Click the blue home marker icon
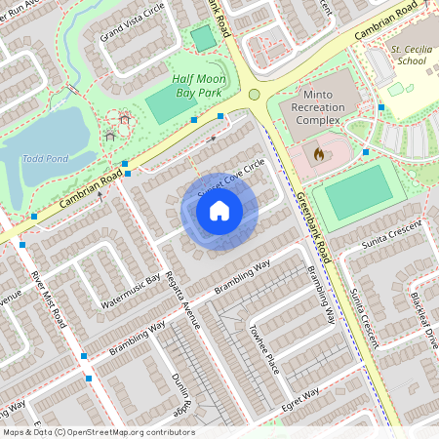(x=219, y=211)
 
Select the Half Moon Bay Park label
(x=205, y=85)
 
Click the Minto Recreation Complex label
(x=318, y=112)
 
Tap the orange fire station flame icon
(x=318, y=153)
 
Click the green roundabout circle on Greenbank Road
(x=255, y=95)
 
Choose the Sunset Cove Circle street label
(x=231, y=178)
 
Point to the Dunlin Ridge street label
(x=181, y=387)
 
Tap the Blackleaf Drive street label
(x=423, y=319)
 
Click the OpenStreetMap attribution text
(x=98, y=432)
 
